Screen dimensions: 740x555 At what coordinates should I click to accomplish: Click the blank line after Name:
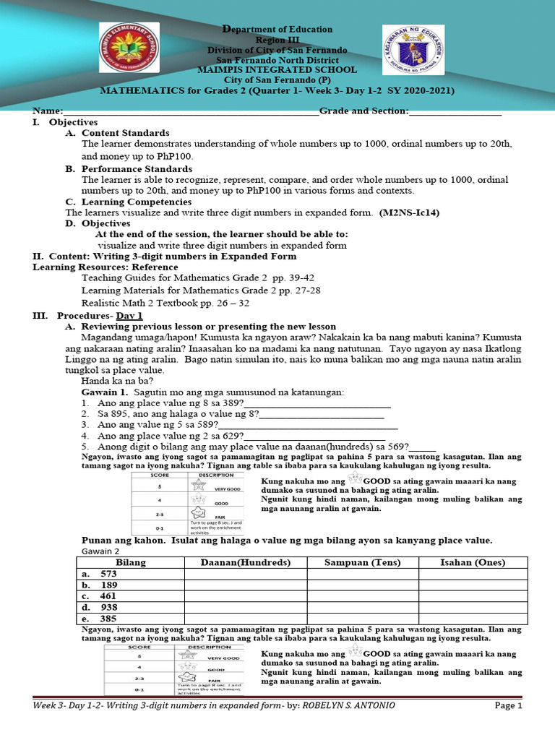[191, 112]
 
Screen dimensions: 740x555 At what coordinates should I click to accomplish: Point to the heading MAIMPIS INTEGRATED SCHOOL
[277, 70]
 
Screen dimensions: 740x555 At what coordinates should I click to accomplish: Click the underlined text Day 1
[130, 316]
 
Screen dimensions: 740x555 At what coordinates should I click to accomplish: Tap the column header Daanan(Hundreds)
[246, 562]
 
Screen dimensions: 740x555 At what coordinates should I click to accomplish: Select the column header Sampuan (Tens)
[362, 562]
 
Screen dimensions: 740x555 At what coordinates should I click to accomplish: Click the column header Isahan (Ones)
[473, 562]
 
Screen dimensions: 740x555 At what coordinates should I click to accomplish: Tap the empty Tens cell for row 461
[362, 596]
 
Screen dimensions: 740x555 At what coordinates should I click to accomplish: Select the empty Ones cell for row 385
[473, 619]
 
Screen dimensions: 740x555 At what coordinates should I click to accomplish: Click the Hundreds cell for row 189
[246, 585]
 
